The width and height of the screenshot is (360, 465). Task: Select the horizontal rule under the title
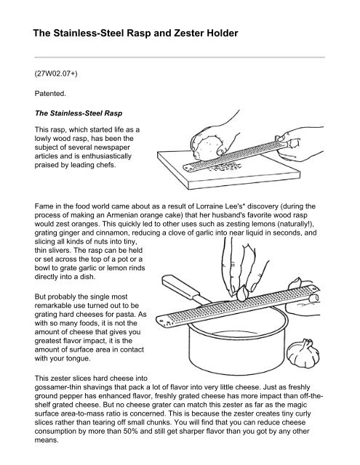179,55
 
